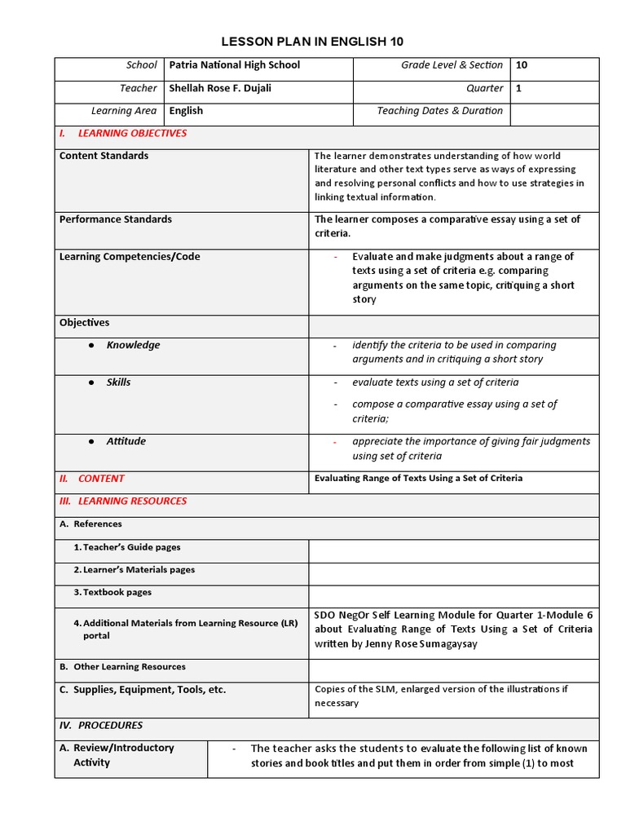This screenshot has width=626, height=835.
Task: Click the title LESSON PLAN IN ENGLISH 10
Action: (x=313, y=42)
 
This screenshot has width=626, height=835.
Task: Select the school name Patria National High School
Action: (x=235, y=65)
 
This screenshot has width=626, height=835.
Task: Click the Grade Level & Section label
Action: (x=452, y=65)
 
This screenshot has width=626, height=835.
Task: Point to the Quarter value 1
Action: (x=518, y=88)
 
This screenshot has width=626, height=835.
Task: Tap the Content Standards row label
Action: (x=104, y=156)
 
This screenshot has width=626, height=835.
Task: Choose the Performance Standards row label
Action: (x=115, y=219)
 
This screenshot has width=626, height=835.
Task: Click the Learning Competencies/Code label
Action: (x=129, y=257)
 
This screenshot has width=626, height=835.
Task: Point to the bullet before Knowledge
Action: (x=92, y=346)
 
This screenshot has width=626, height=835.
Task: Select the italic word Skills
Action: (x=118, y=382)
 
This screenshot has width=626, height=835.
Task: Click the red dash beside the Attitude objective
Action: (x=334, y=442)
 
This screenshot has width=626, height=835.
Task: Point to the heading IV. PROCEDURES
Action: (x=101, y=725)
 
